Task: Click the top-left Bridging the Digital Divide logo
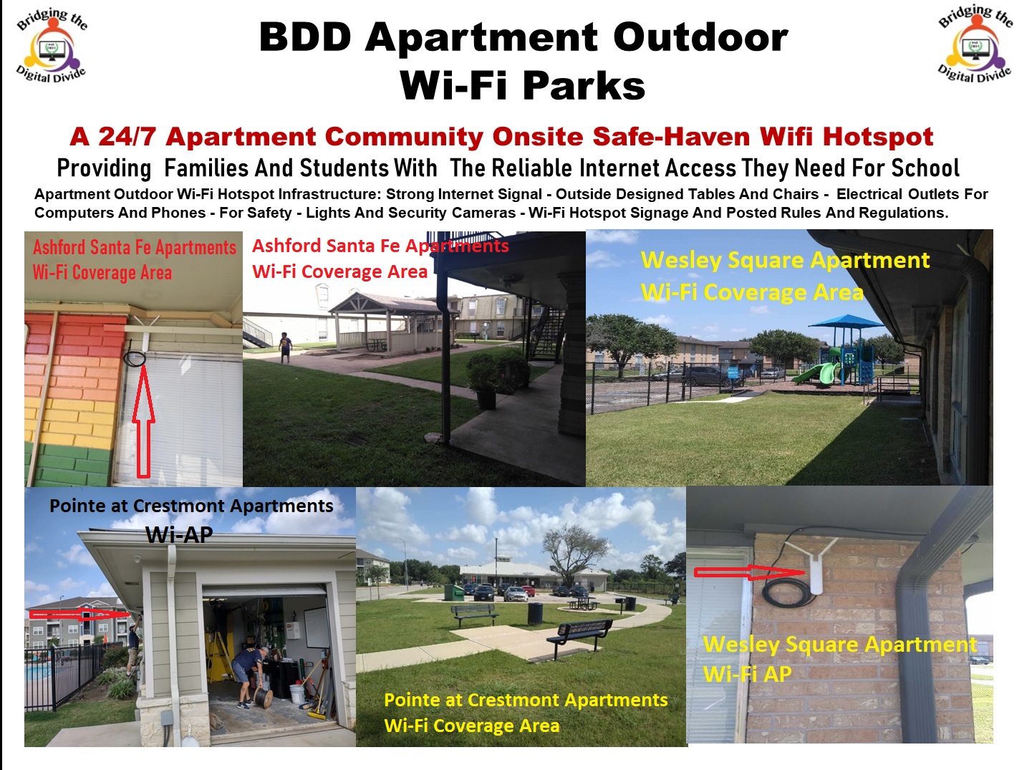pyautogui.click(x=52, y=45)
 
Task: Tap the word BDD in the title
pyautogui.click(x=304, y=37)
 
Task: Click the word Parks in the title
pyautogui.click(x=584, y=85)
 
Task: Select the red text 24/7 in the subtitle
pyautogui.click(x=127, y=137)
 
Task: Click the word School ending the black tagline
pyautogui.click(x=925, y=168)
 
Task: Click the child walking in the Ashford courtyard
pyautogui.click(x=285, y=347)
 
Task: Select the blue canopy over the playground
pyautogui.click(x=847, y=322)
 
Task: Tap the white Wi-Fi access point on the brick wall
pyautogui.click(x=816, y=574)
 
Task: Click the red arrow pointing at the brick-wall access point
pyautogui.click(x=749, y=572)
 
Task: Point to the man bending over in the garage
pyautogui.click(x=249, y=677)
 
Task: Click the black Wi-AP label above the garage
pyautogui.click(x=179, y=534)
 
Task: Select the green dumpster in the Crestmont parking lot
pyautogui.click(x=454, y=592)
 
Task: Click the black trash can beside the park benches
pyautogui.click(x=535, y=613)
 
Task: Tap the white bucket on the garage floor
pyautogui.click(x=297, y=694)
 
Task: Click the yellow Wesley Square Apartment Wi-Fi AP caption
pyautogui.click(x=839, y=659)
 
